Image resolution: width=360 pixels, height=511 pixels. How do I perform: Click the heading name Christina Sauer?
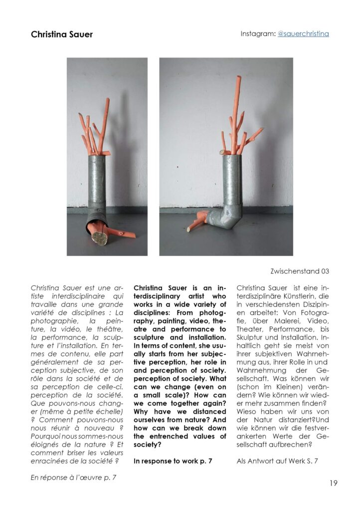click(62, 34)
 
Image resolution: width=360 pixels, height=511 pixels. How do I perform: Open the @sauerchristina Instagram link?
click(303, 34)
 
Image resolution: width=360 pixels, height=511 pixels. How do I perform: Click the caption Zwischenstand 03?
click(300, 271)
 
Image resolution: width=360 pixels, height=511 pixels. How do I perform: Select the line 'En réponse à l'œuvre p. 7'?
click(74, 478)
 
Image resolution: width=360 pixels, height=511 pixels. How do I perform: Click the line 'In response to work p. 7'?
click(173, 461)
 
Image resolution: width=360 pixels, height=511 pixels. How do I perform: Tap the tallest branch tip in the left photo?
click(107, 100)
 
